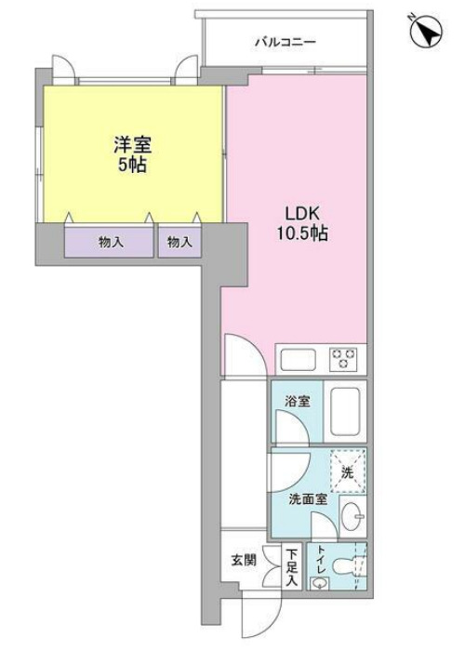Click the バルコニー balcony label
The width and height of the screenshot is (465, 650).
point(286,42)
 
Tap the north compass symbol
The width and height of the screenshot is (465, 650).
point(427,33)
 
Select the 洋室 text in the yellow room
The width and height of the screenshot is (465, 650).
point(132,145)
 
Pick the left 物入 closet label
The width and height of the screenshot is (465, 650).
point(111,243)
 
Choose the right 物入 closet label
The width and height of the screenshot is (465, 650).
point(179,243)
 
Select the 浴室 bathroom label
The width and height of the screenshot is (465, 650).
point(298,402)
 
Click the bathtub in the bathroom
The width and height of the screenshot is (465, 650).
point(346,411)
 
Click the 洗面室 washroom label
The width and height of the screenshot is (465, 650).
point(307,498)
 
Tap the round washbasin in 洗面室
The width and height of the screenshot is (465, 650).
point(352,517)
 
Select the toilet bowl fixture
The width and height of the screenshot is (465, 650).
point(345,566)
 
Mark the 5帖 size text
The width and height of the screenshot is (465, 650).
point(132,166)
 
